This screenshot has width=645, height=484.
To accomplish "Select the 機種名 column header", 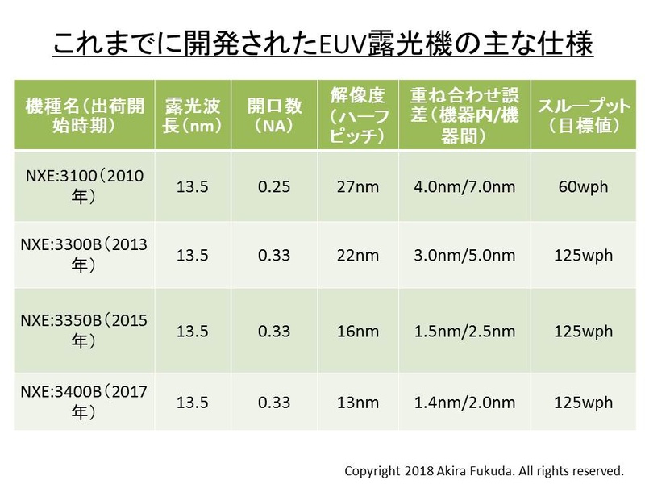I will click(83, 115).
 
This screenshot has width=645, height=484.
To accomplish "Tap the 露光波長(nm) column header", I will click(192, 115).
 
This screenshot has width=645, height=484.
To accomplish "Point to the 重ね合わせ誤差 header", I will click(464, 115).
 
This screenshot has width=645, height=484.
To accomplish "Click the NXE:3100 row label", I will click(83, 187).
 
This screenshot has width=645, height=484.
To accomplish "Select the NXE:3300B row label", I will click(83, 255).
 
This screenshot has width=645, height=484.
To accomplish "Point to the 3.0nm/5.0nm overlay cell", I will click(464, 255).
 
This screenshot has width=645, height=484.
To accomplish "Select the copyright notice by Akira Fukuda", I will click(485, 469).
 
